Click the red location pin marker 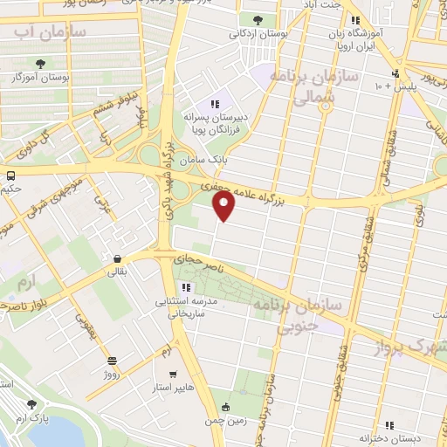pos(224,205)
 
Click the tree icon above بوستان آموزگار pos(41,63)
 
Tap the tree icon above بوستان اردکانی pos(257,19)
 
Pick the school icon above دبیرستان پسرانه pos(214,104)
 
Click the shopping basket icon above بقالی pos(116,258)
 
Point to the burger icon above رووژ pos(112,361)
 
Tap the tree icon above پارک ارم pos(32,404)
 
